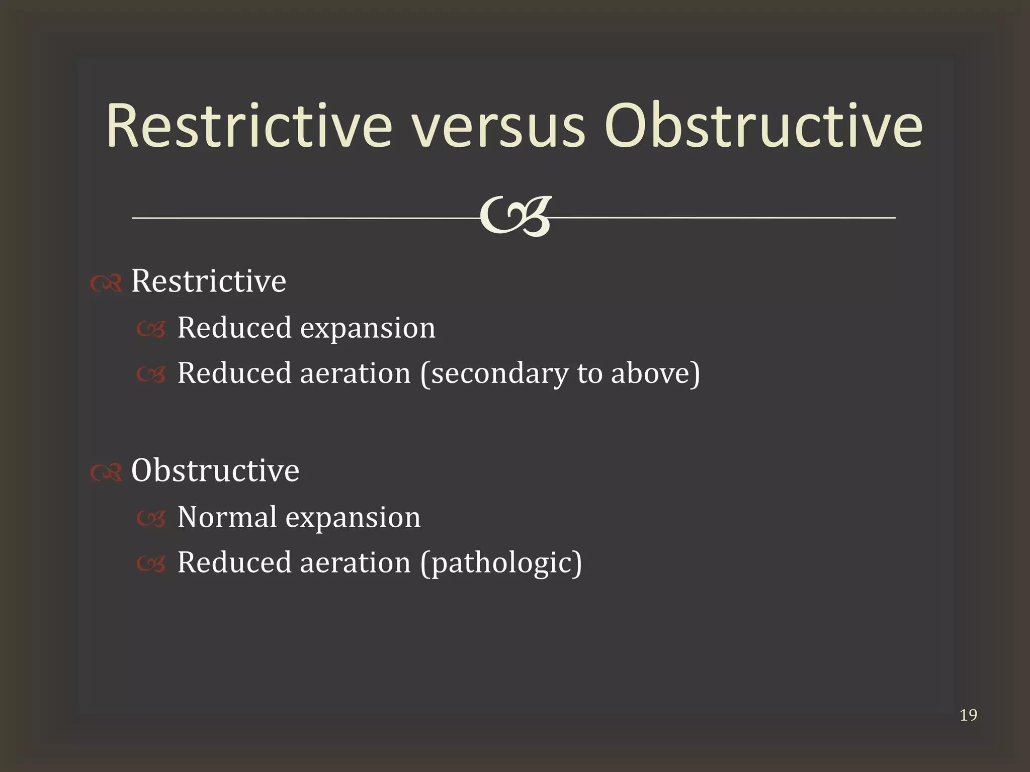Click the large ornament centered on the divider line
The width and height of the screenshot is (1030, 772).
pyautogui.click(x=515, y=217)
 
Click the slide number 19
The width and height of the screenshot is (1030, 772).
pyautogui.click(x=968, y=715)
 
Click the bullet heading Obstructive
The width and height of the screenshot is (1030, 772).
pyautogui.click(x=215, y=470)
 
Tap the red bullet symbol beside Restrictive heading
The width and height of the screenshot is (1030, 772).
pyautogui.click(x=106, y=284)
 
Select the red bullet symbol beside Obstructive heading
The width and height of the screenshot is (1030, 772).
pyautogui.click(x=106, y=473)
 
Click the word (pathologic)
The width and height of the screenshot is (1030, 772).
pyautogui.click(x=501, y=563)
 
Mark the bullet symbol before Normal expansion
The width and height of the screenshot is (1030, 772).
pyautogui.click(x=151, y=520)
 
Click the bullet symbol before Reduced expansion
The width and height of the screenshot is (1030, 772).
pyautogui.click(x=151, y=330)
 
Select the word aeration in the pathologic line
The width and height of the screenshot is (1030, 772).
pyautogui.click(x=355, y=562)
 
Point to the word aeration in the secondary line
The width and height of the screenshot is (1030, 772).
pyautogui.click(x=355, y=373)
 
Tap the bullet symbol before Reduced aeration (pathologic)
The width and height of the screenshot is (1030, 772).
pyautogui.click(x=151, y=565)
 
